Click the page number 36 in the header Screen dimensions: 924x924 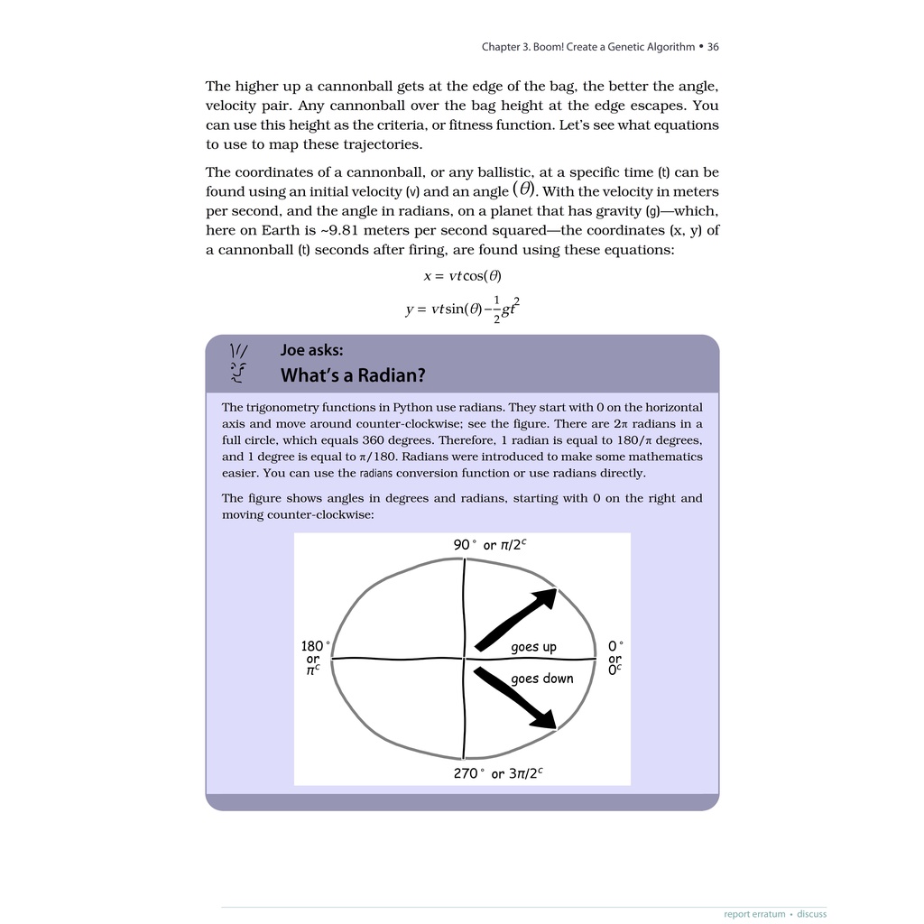point(713,47)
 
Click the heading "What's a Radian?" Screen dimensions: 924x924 point(353,374)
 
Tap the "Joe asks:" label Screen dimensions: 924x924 point(311,350)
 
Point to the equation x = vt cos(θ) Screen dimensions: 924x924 point(462,275)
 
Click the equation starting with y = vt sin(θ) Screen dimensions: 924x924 point(462,309)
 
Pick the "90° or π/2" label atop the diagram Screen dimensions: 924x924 point(490,545)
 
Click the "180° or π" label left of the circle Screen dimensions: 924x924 point(314,659)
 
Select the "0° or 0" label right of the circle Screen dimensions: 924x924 point(615,659)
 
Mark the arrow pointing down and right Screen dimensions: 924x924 point(517,698)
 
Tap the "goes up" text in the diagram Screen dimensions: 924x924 point(533,647)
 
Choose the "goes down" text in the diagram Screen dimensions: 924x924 point(541,679)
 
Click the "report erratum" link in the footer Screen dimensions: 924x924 point(754,914)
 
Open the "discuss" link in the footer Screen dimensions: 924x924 point(811,914)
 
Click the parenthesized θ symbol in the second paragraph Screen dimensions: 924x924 point(523,189)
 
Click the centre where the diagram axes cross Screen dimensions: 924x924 point(464,659)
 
